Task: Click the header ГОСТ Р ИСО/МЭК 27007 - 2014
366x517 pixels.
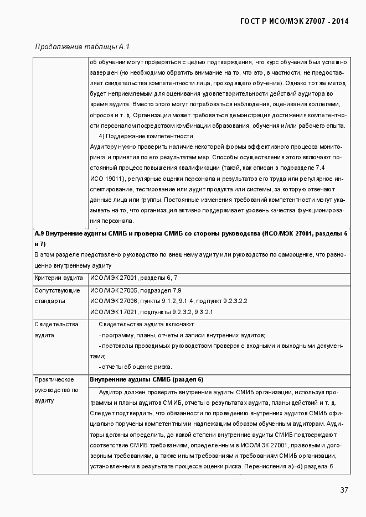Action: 294,22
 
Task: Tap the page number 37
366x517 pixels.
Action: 344,490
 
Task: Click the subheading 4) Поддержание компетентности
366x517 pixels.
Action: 146,136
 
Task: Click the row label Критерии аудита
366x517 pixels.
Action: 59,278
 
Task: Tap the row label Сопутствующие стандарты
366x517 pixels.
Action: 57,296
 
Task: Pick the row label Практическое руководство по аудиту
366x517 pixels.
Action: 56,390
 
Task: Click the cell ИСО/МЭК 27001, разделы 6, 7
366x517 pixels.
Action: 133,278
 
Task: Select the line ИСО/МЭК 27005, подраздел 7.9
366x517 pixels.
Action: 136,290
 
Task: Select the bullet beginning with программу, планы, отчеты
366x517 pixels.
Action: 182,335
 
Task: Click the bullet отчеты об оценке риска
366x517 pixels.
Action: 135,367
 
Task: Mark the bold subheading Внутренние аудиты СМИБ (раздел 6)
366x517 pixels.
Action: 147,379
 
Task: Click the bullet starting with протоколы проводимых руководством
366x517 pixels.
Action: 220,346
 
